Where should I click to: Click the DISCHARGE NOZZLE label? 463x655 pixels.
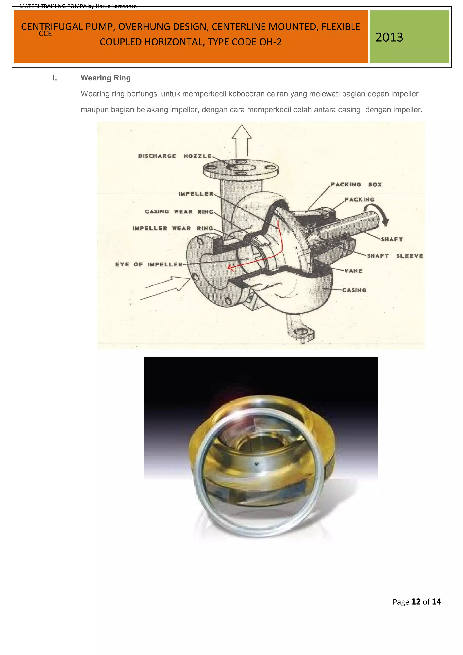[175, 156]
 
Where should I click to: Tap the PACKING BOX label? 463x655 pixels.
[356, 184]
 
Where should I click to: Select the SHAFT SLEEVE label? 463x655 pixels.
[395, 256]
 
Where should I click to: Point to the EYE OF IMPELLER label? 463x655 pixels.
[149, 264]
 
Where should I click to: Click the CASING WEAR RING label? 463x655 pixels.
[179, 211]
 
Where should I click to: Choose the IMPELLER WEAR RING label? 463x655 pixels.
[172, 228]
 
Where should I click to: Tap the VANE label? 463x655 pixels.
[353, 271]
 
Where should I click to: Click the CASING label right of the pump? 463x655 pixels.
[354, 290]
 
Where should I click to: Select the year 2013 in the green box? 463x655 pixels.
[389, 37]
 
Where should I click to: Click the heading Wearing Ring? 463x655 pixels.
[106, 78]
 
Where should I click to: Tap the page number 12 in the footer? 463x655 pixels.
[416, 602]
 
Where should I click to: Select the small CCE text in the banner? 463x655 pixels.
[45, 34]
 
